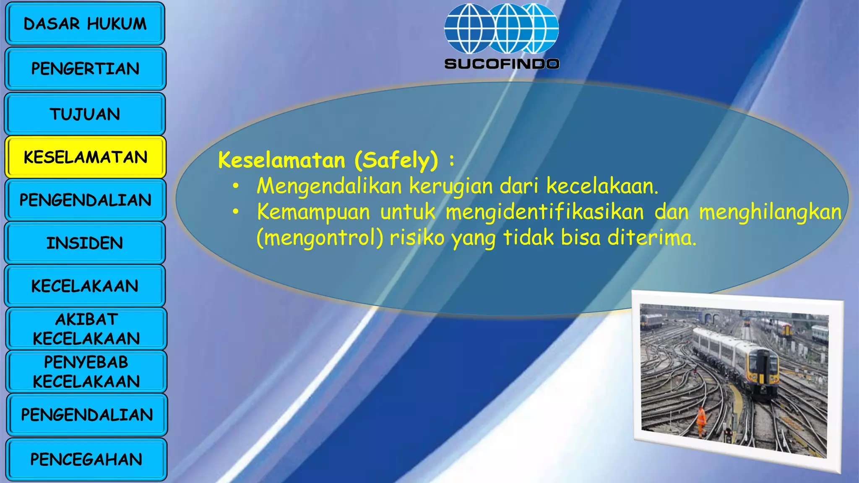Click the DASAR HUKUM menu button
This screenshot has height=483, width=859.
pyautogui.click(x=85, y=24)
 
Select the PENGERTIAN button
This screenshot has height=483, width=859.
pyautogui.click(x=85, y=69)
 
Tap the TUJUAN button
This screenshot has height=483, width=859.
pyautogui.click(x=85, y=114)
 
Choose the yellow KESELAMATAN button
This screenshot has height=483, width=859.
pyautogui.click(x=85, y=157)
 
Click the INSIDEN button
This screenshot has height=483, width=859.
pyautogui.click(x=85, y=243)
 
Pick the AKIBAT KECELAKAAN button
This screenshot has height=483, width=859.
pyautogui.click(x=86, y=329)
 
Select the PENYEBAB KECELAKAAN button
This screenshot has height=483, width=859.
pyautogui.click(x=86, y=371)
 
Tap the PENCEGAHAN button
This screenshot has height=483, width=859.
pyautogui.click(x=86, y=460)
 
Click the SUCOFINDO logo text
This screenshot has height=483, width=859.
pyautogui.click(x=502, y=64)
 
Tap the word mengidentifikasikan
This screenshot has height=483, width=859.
pyautogui.click(x=544, y=212)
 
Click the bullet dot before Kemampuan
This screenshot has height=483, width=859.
pyautogui.click(x=236, y=212)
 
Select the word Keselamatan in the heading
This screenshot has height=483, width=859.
pyautogui.click(x=281, y=160)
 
